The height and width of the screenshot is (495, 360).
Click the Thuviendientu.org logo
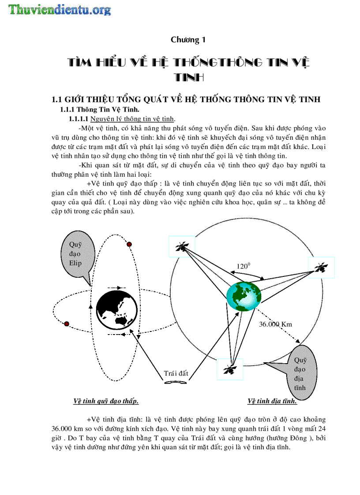click(x=59, y=9)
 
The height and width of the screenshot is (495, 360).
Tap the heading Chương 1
click(x=188, y=40)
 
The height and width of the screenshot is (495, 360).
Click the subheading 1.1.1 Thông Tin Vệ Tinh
click(x=102, y=109)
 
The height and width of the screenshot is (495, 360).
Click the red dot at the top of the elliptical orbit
click(x=129, y=244)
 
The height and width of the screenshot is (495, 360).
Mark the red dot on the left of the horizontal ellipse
click(x=67, y=324)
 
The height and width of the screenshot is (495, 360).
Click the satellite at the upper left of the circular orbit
click(x=182, y=246)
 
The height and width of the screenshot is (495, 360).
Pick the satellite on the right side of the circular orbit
click(x=321, y=267)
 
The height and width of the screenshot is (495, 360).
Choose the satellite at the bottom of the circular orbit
click(x=229, y=369)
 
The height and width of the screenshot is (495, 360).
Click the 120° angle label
click(x=244, y=266)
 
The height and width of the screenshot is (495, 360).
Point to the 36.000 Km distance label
click(x=275, y=324)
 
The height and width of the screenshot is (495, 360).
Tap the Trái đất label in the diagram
click(x=176, y=373)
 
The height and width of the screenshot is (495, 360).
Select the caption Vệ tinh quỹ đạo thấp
click(x=106, y=401)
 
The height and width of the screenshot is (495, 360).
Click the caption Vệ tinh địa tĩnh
click(x=272, y=401)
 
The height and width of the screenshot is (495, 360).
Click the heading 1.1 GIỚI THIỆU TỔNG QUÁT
click(x=186, y=100)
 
